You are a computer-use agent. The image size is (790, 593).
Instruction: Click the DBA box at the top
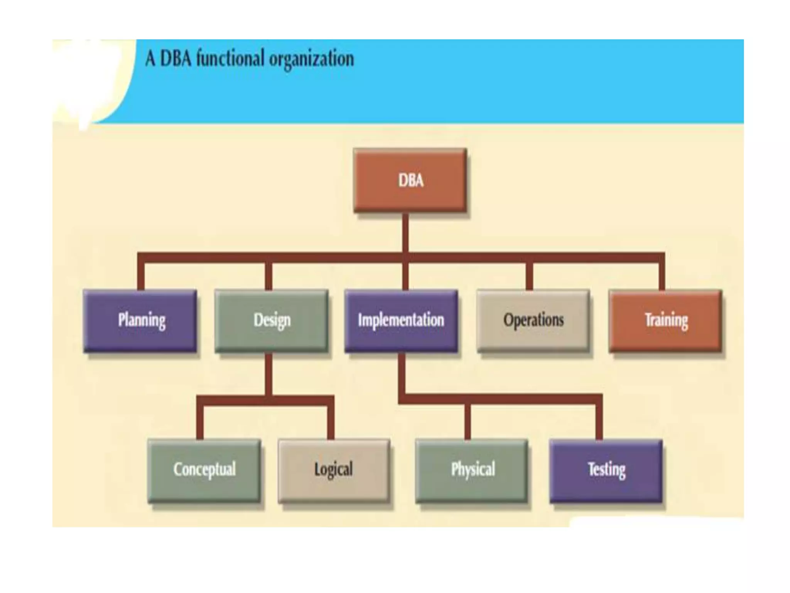pos(410,180)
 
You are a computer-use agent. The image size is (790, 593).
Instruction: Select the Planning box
pos(140,321)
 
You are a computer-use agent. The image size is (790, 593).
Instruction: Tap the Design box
pos(272,321)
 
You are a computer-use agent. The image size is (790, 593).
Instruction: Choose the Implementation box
pos(401,321)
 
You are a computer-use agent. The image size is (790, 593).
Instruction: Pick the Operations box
pos(533,321)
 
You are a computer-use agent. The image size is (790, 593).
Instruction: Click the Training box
pos(665,321)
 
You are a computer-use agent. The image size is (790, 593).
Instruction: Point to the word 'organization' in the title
pos(311,60)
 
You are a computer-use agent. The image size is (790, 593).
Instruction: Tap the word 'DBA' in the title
pos(176,59)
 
